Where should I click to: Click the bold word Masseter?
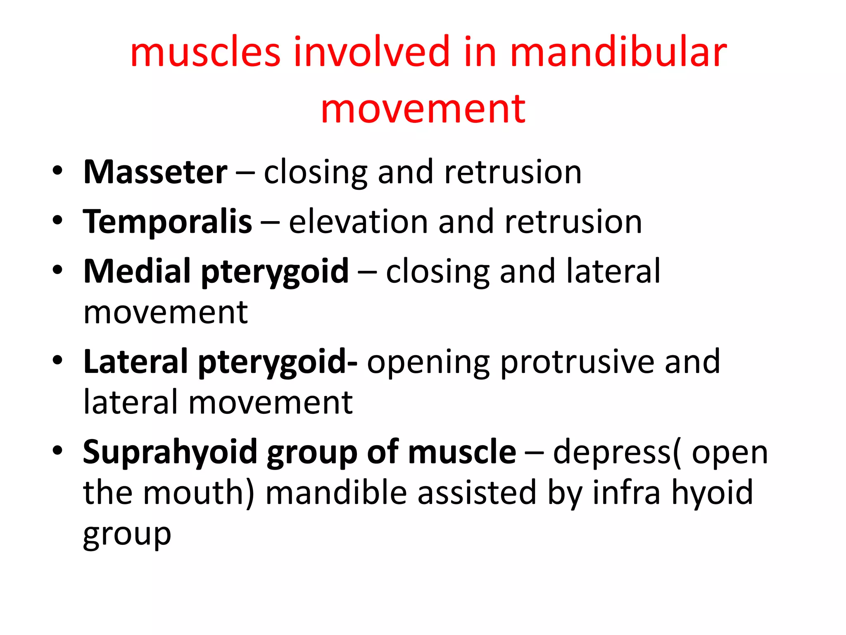pyautogui.click(x=155, y=172)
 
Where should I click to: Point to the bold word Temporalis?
pyautogui.click(x=167, y=222)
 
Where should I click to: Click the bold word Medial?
pyautogui.click(x=137, y=271)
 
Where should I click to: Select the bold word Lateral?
pyautogui.click(x=136, y=362)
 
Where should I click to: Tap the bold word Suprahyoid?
pyautogui.click(x=170, y=452)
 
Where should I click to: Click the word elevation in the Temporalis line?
pyautogui.click(x=358, y=222)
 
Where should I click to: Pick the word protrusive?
pyautogui.click(x=577, y=362)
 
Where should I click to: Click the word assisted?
pyautogui.click(x=476, y=493)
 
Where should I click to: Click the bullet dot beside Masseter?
pyautogui.click(x=57, y=171)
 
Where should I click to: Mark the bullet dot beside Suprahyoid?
pyautogui.click(x=57, y=450)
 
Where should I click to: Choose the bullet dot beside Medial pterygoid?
pyautogui.click(x=57, y=270)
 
